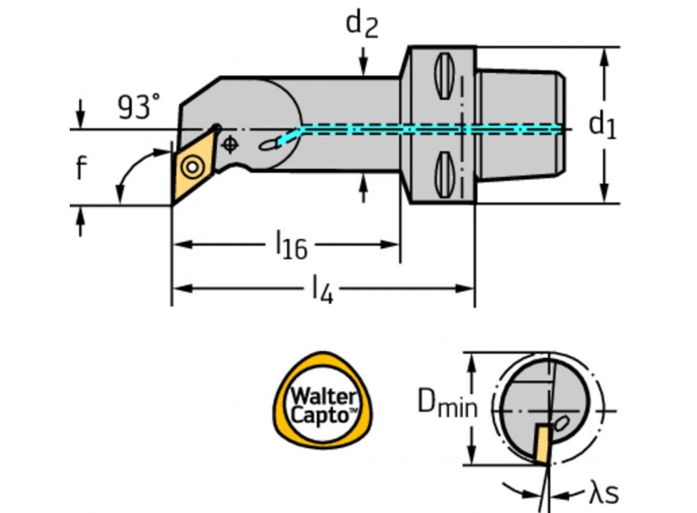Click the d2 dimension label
[362, 25]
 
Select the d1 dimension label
[602, 125]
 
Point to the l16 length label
[291, 245]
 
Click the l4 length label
[322, 287]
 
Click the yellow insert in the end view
[541, 443]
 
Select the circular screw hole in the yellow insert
[190, 167]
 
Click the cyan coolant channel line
[418, 129]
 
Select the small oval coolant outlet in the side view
[267, 144]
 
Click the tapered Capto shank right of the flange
[520, 125]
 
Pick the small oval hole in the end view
[562, 423]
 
